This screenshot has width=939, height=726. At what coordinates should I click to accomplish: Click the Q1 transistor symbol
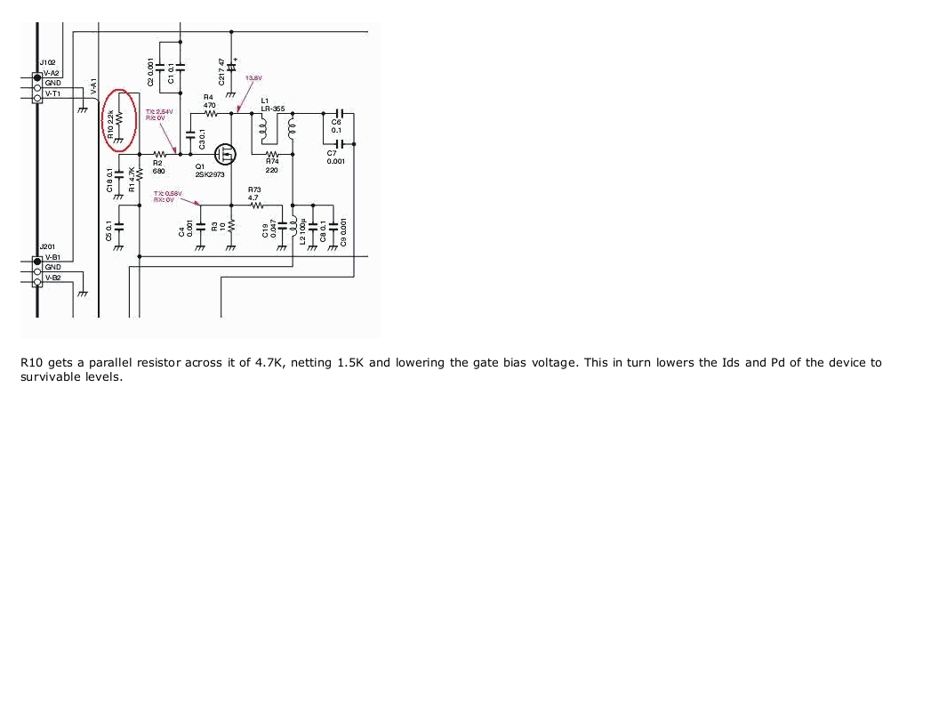click(226, 155)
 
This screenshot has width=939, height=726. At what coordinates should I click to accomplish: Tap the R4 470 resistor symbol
click(210, 113)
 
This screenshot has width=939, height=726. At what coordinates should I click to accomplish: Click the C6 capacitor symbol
click(337, 113)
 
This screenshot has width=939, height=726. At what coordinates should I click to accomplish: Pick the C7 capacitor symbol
click(337, 143)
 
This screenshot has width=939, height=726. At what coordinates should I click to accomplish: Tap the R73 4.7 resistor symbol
click(258, 206)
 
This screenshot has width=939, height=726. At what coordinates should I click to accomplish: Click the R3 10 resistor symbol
click(231, 228)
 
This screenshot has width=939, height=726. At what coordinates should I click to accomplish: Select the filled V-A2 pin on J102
click(37, 77)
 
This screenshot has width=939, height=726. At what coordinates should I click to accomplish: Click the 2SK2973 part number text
click(209, 174)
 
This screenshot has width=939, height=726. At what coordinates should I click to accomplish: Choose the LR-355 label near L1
click(272, 109)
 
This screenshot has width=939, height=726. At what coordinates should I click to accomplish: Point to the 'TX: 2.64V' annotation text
click(161, 111)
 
